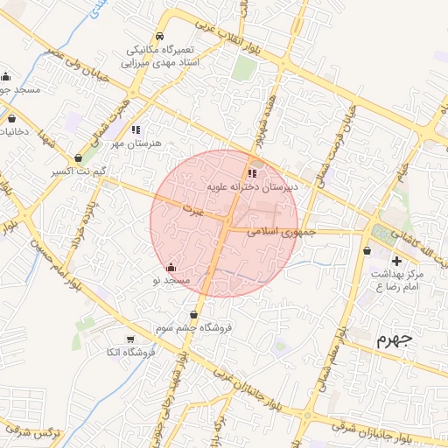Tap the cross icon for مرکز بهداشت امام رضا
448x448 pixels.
[x=397, y=261]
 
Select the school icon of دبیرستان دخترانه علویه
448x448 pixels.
[x=254, y=173]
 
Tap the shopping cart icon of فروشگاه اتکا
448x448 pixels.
[x=130, y=339]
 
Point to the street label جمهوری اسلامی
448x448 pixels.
[x=276, y=232]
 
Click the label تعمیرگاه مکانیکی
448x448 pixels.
[x=159, y=51]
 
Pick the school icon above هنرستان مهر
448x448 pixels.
[x=135, y=129]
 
